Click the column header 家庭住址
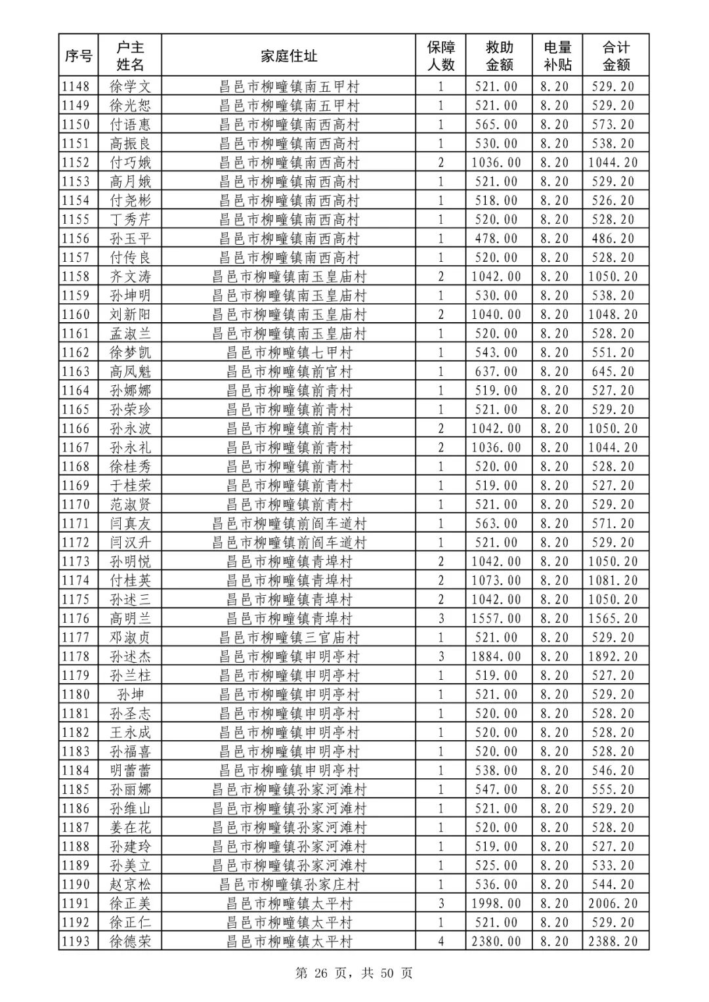[x=289, y=56]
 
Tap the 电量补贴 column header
[x=557, y=56]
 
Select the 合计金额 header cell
[x=616, y=56]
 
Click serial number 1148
[x=76, y=87]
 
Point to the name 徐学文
[x=130, y=87]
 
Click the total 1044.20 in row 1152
[x=612, y=163]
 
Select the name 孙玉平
[x=130, y=239]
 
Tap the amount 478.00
[x=496, y=239]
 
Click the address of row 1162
[x=289, y=353]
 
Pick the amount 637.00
[x=496, y=372]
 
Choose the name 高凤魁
[x=130, y=372]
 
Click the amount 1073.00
[x=496, y=581]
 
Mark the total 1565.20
[x=612, y=619]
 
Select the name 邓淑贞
[x=130, y=638]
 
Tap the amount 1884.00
[x=496, y=657]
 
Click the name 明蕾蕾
[x=130, y=771]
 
